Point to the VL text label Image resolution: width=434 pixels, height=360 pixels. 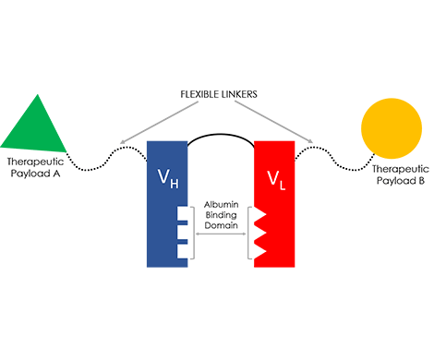pyautogui.click(x=274, y=176)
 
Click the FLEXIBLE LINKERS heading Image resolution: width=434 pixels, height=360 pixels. pyautogui.click(x=217, y=94)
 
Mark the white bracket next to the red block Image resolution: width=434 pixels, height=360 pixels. pyautogui.click(x=248, y=231)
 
